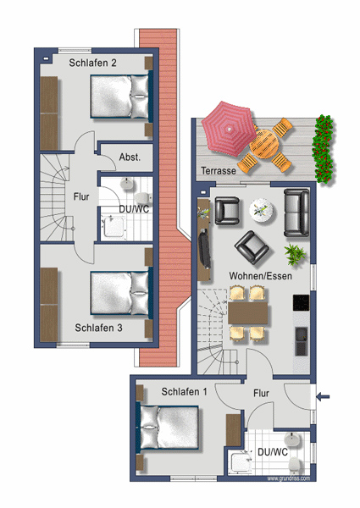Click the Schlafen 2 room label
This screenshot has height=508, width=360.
tap(92, 63)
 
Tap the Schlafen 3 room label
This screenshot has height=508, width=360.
tap(98, 328)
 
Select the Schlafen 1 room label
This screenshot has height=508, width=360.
tap(184, 392)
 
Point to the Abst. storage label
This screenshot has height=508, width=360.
tap(130, 157)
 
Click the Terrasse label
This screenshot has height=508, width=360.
tap(219, 170)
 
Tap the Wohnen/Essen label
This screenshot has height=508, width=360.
tap(261, 276)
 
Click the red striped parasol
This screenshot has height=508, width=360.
tap(229, 129)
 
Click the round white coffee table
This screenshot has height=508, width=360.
tap(263, 210)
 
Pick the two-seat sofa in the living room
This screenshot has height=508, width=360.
tap(296, 213)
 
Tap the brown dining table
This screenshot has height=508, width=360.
tap(248, 313)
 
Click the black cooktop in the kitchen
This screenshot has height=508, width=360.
tap(301, 303)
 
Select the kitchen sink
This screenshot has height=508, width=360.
tap(302, 341)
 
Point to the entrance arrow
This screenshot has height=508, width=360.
tap(323, 396)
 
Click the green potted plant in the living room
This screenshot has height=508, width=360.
tap(295, 255)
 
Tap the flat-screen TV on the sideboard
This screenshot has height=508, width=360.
tap(204, 248)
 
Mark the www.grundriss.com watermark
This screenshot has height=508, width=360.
tap(289, 478)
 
